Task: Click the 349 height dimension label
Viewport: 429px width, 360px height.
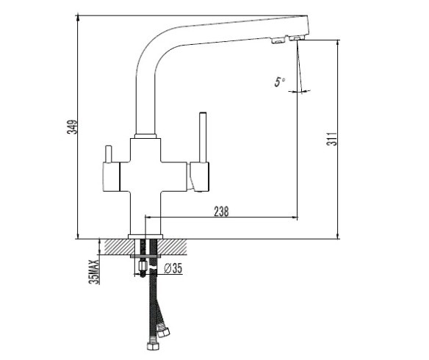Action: pos(73,127)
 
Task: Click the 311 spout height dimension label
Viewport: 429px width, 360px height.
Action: pos(332,139)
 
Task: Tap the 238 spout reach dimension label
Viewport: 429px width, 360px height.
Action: pos(221,212)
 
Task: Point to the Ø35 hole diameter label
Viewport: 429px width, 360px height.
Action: pos(173,268)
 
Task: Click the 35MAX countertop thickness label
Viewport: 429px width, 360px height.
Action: pos(95,272)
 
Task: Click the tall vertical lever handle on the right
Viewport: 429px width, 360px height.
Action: pos(203,137)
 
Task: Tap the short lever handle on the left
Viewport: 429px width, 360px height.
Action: pos(109,154)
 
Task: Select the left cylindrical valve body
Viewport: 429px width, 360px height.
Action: pos(112,176)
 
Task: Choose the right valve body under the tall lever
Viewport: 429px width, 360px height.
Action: pos(199,176)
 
